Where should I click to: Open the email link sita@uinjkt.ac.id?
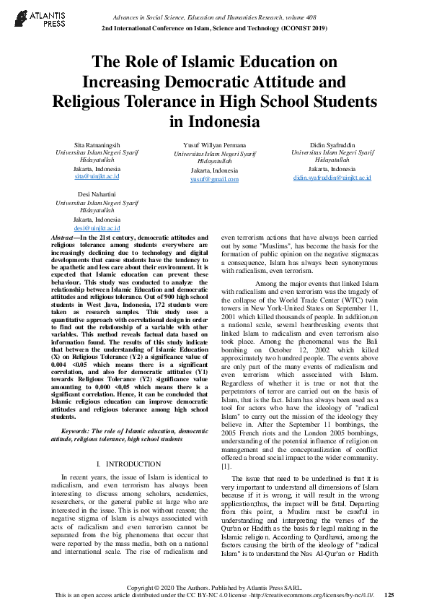click(x=97, y=176)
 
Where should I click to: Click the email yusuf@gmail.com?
click(x=214, y=178)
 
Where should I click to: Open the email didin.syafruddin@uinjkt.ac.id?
click(x=332, y=177)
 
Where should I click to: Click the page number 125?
click(x=389, y=595)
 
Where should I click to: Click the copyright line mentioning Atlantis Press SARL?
click(x=214, y=586)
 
